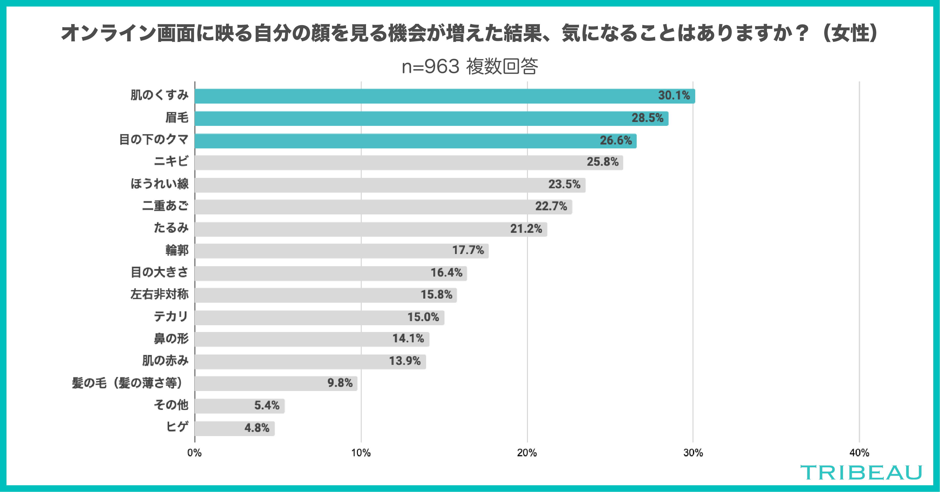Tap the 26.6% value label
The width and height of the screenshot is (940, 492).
616,140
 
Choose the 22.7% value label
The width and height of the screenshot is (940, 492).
551,206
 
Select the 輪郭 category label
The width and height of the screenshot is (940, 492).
177,250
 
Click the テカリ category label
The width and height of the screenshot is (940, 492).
171,317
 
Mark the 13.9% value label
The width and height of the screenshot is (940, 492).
405,361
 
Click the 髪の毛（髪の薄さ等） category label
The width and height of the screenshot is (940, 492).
127,383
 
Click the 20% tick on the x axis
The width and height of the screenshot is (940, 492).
527,453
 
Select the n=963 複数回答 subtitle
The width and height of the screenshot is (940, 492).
470,67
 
